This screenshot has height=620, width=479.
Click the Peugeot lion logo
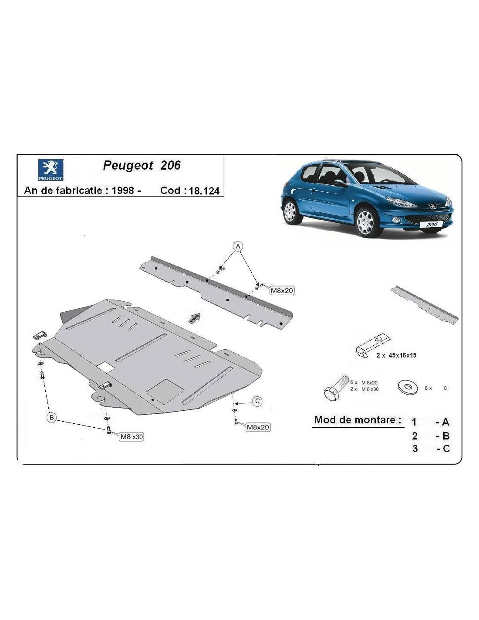(51, 170)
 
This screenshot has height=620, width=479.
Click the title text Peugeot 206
(142, 165)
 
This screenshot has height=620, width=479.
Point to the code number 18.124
(204, 191)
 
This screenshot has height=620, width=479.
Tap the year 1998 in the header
(123, 190)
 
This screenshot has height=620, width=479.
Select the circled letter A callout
(238, 246)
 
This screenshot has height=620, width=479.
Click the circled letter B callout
(51, 418)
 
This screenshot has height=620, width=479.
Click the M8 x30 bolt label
(132, 436)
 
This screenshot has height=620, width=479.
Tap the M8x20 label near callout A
(282, 290)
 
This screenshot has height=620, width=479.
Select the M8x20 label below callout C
(258, 427)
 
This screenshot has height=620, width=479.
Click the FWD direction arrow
(195, 318)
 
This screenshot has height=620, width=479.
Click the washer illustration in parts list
(408, 387)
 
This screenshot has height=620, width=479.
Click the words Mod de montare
(358, 420)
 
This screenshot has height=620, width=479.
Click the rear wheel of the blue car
(290, 211)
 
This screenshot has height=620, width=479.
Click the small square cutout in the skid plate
(106, 366)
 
